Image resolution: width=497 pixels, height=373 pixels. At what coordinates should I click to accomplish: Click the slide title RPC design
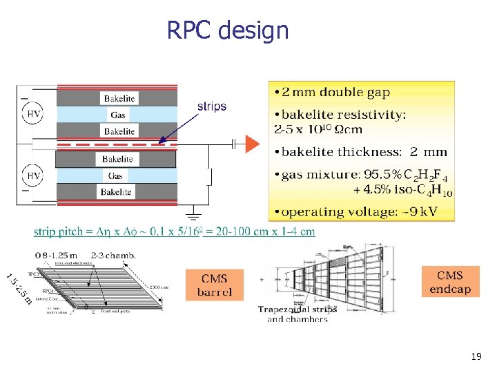227,30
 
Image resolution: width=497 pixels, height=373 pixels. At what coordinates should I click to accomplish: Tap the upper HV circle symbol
33,113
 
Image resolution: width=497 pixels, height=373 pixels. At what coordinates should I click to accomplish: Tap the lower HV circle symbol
33,176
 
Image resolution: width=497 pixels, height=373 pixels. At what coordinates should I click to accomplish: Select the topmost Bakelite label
117,98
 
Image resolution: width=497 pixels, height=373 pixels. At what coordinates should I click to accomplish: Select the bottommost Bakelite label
117,192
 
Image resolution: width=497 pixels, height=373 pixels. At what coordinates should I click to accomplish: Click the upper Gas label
117,115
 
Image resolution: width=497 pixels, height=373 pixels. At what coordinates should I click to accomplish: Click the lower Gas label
117,176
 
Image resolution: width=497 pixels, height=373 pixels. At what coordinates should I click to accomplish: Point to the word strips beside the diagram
211,106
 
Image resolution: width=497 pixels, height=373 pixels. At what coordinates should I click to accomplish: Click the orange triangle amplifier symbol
253,144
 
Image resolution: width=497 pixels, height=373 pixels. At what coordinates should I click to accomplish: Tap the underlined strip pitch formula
174,231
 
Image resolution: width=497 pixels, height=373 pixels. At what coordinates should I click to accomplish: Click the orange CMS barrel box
214,285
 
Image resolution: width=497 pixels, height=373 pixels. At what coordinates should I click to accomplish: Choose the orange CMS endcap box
450,282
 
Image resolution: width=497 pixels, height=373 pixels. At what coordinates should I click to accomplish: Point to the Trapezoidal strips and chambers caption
298,314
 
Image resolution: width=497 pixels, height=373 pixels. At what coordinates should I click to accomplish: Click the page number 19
476,357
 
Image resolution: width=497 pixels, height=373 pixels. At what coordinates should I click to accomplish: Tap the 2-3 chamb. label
113,255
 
